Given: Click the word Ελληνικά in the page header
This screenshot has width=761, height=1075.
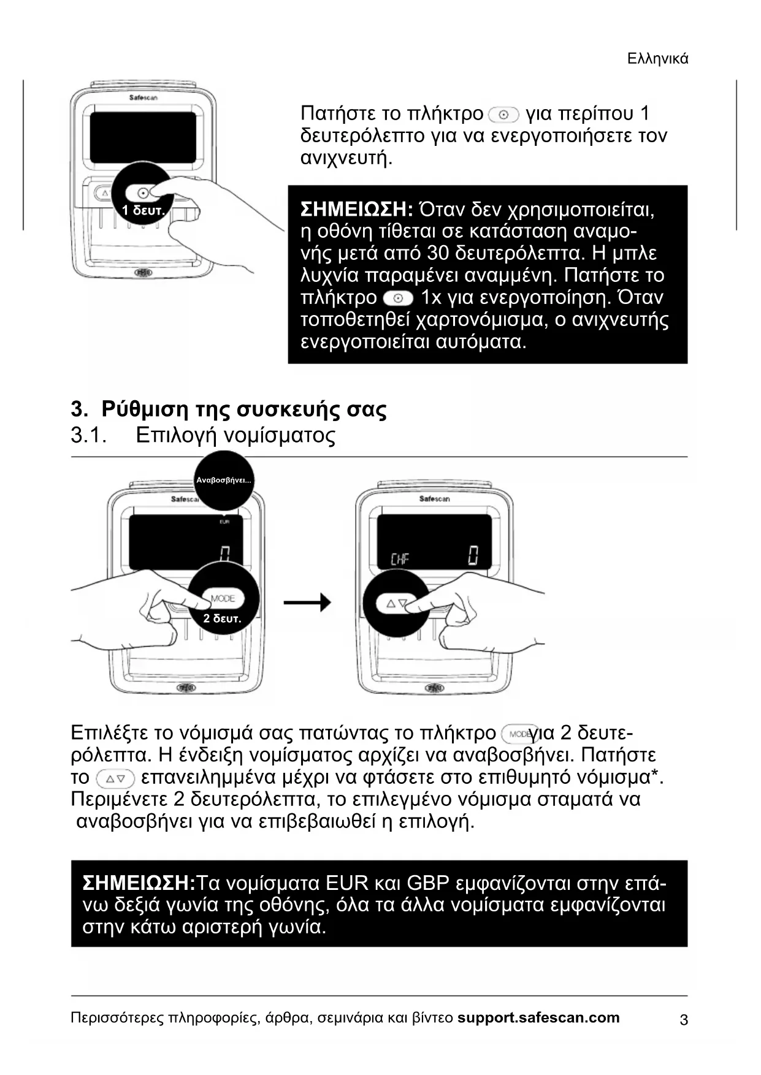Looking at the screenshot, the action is tap(658, 59).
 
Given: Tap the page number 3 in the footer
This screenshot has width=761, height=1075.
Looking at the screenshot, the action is tap(684, 1020).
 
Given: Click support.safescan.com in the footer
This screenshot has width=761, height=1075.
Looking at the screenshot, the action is tap(538, 1018).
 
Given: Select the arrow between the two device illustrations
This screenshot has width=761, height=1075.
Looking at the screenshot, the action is tap(307, 602).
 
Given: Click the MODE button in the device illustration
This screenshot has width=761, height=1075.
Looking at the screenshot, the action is tap(223, 598).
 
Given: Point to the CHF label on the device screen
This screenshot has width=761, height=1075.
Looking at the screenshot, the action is tap(400, 558).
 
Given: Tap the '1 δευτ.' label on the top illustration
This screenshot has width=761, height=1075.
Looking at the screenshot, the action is tap(143, 211).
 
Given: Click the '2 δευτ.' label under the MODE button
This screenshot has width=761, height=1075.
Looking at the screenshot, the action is tap(222, 619).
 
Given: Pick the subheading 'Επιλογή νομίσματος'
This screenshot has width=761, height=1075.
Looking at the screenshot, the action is tap(236, 435).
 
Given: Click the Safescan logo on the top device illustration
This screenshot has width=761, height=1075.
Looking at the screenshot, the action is tap(143, 97).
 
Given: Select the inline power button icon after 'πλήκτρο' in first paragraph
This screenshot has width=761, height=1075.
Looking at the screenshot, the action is tap(504, 114).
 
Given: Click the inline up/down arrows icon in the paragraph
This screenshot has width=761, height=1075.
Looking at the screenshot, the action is tap(115, 778).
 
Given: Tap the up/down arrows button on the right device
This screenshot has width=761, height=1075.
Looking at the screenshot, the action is tap(397, 604).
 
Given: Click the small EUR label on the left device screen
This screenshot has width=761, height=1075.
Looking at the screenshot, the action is tap(224, 522).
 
